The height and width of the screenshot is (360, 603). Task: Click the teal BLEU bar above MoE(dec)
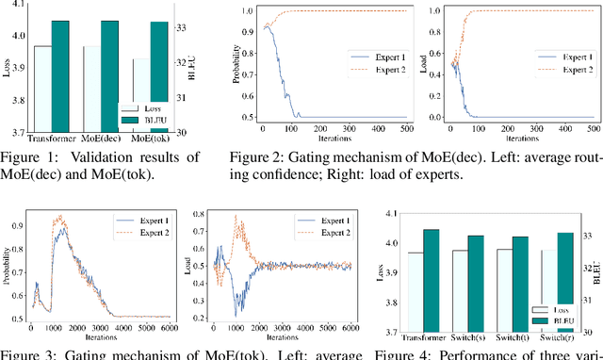point(109,75)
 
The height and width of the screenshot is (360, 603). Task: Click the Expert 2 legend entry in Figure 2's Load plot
point(572,70)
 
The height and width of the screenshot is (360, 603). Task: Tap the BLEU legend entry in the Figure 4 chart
point(562,320)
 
